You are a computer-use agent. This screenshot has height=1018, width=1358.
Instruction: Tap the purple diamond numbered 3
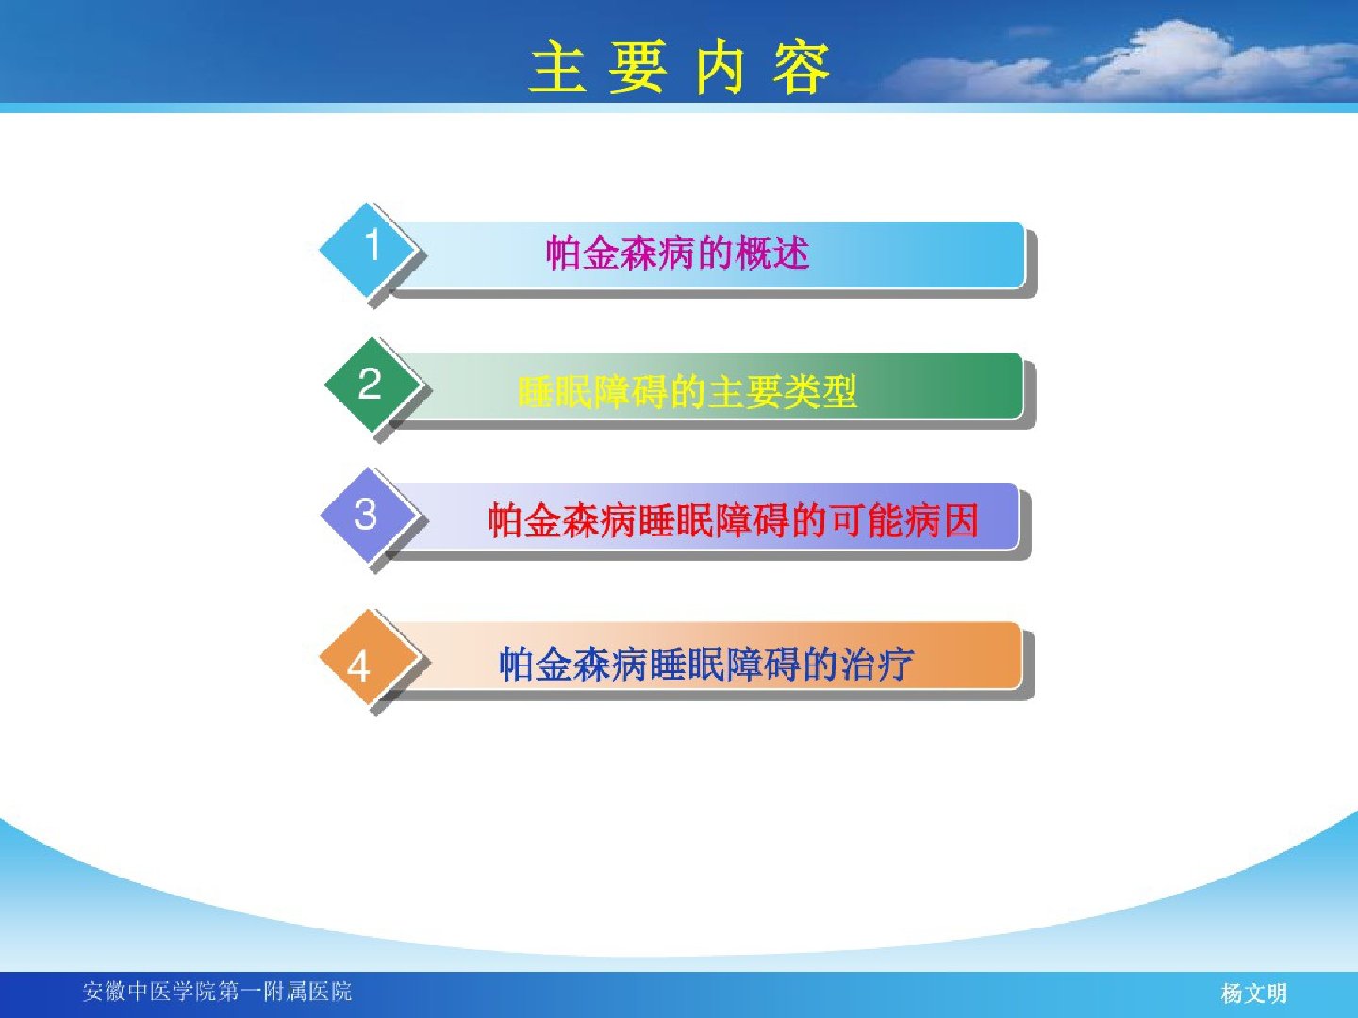click(x=368, y=515)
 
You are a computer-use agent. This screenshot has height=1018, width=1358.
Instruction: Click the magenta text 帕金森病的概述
click(x=678, y=253)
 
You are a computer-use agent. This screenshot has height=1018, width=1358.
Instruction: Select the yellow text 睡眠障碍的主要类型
click(x=687, y=391)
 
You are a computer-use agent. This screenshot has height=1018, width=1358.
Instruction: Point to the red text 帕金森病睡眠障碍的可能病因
click(x=733, y=520)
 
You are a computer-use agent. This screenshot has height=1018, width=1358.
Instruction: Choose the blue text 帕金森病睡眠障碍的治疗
click(x=706, y=664)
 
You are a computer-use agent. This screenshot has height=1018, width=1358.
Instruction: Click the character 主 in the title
click(x=558, y=67)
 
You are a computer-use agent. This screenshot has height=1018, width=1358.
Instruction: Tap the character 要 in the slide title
click(x=638, y=67)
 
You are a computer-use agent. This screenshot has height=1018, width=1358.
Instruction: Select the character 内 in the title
click(x=720, y=67)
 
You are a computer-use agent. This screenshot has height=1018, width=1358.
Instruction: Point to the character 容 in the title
click(x=802, y=67)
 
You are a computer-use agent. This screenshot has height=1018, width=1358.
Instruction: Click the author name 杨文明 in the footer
click(x=1254, y=993)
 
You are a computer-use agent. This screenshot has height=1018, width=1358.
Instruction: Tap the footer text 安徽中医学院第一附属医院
click(x=217, y=992)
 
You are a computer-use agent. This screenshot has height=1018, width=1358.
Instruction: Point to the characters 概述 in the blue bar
click(x=772, y=253)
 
